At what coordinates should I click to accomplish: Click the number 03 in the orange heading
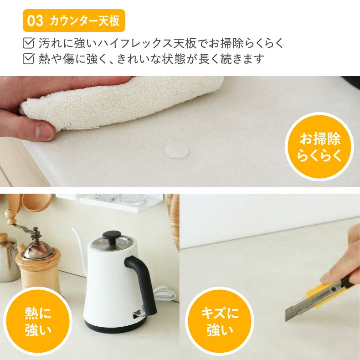pyautogui.click(x=35, y=21)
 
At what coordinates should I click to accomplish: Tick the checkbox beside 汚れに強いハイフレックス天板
pyautogui.click(x=28, y=44)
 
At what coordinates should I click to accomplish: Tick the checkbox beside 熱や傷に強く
pyautogui.click(x=28, y=59)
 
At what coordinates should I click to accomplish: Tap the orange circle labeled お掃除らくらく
pyautogui.click(x=319, y=147)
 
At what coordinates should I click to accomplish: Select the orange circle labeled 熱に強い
pyautogui.click(x=38, y=321)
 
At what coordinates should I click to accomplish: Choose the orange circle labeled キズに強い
pyautogui.click(x=220, y=321)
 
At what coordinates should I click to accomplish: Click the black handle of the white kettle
pyautogui.click(x=142, y=283)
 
